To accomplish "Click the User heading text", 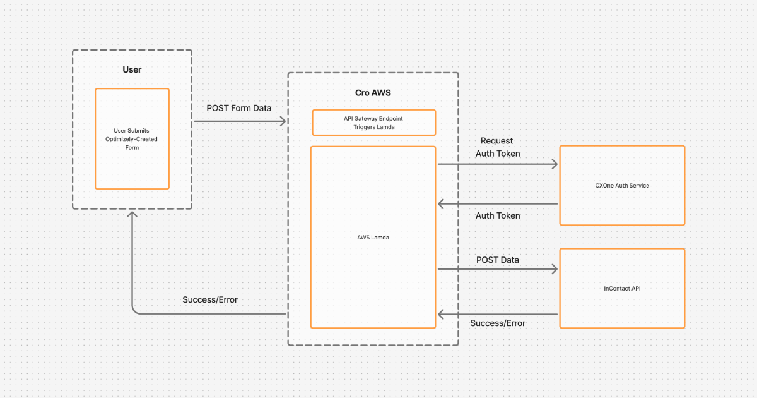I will [x=132, y=69].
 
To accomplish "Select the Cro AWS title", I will [x=373, y=93].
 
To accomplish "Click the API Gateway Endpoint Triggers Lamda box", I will [x=373, y=123].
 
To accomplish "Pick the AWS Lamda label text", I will [x=373, y=238].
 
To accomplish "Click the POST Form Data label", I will [x=239, y=108].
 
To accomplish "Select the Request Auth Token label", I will [x=497, y=147].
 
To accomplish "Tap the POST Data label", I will [x=498, y=260].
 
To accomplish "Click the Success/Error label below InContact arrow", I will [x=498, y=323].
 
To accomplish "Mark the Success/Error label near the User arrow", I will [x=210, y=299].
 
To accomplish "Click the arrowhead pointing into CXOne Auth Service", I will [x=555, y=164].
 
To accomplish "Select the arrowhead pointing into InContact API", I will [x=555, y=269].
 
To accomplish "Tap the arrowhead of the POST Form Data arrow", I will [x=283, y=121].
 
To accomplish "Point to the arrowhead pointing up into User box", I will [x=132, y=215].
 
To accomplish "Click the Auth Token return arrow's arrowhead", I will [x=441, y=204].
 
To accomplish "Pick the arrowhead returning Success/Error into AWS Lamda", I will [x=441, y=314].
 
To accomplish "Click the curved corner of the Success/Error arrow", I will [x=134, y=311].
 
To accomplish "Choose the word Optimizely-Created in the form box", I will [x=132, y=139].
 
